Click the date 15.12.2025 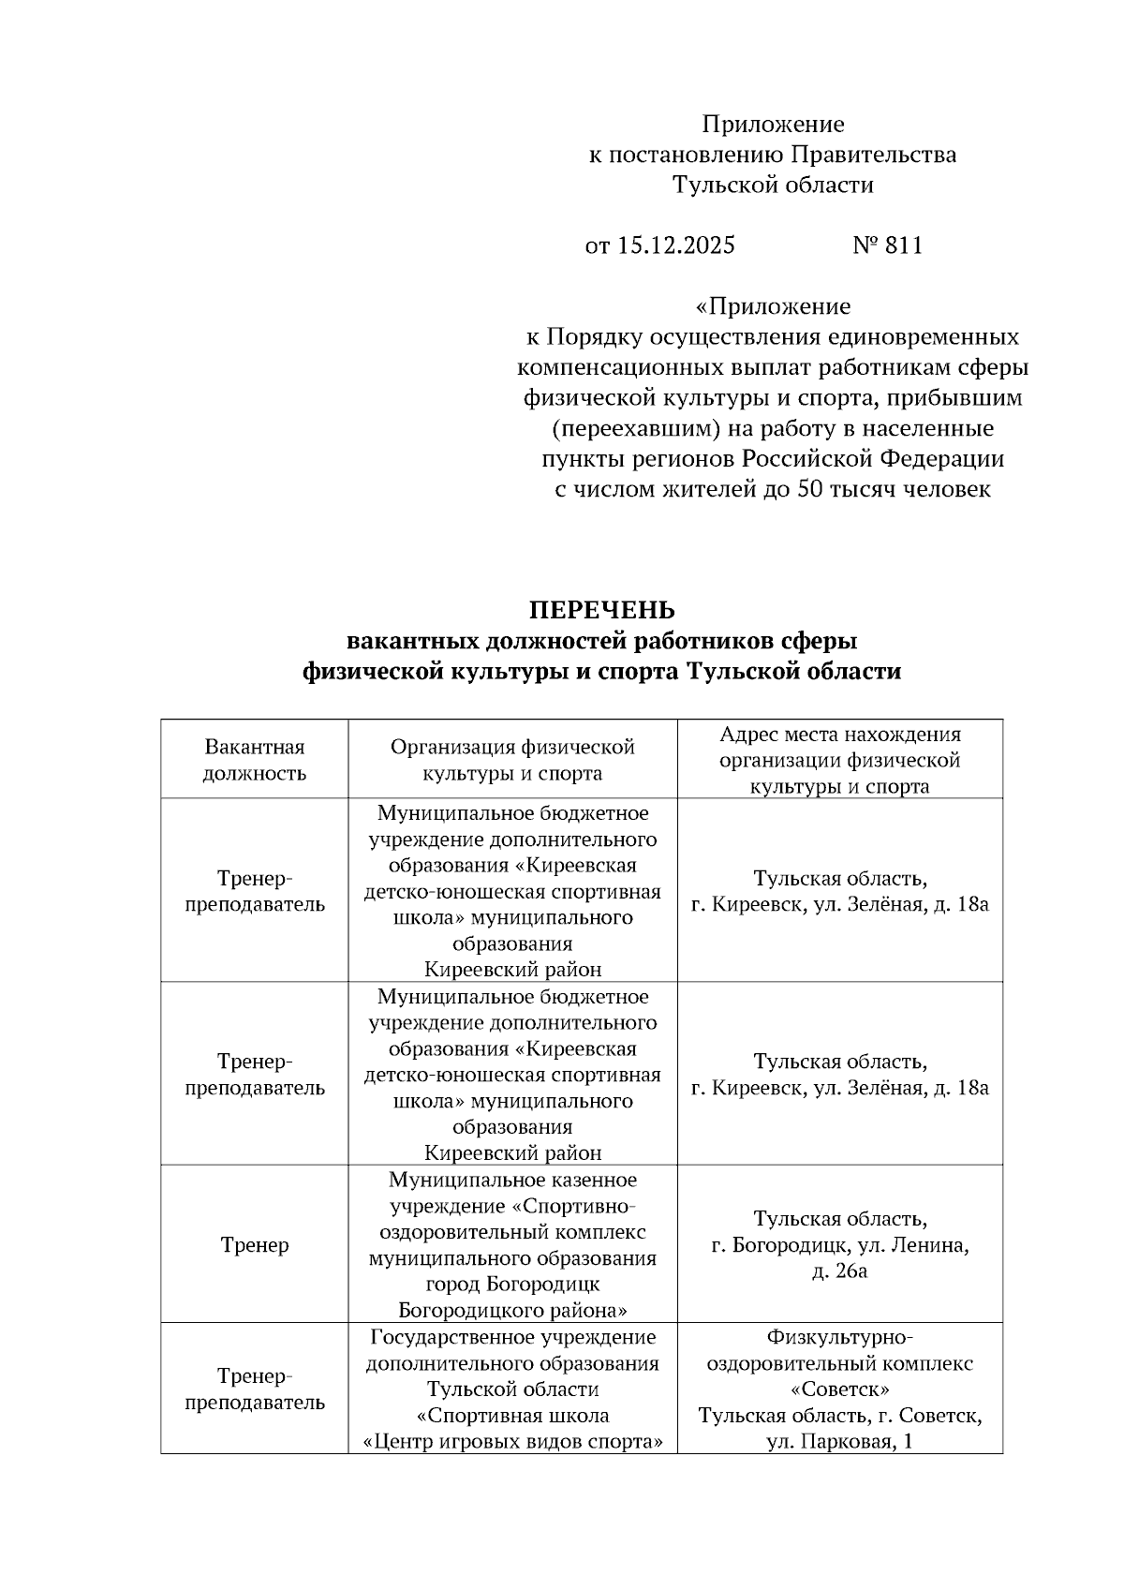(675, 245)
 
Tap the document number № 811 (887, 245)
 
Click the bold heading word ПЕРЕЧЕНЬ (601, 610)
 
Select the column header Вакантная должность (255, 760)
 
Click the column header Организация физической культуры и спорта (512, 760)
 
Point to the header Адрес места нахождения (840, 735)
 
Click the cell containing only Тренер (255, 1245)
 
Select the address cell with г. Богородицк (839, 1245)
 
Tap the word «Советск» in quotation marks (840, 1389)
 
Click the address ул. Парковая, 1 (840, 1442)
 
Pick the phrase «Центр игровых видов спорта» (512, 1442)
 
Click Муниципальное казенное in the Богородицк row (512, 1180)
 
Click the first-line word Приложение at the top (773, 125)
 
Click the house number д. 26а (840, 1271)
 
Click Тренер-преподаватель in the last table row (255, 1389)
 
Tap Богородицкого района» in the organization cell (512, 1310)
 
